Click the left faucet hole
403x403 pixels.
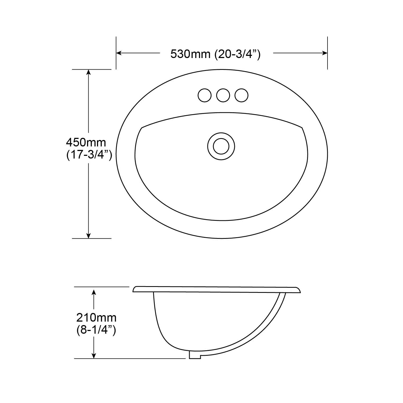(204, 95)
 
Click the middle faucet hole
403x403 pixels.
(223, 95)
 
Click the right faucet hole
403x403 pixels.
(241, 95)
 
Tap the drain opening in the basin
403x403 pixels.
(221, 146)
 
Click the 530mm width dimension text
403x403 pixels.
(190, 54)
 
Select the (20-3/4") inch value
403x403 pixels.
(238, 54)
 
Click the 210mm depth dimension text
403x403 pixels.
(96, 318)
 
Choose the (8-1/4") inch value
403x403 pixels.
(96, 330)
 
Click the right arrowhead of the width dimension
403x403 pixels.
(325, 53)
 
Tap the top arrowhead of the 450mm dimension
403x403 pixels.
(88, 72)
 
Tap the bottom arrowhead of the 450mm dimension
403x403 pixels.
(88, 236)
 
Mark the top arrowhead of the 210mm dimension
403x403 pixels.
(93, 292)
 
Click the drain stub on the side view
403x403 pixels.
(195, 355)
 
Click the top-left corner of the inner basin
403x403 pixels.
(142, 127)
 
